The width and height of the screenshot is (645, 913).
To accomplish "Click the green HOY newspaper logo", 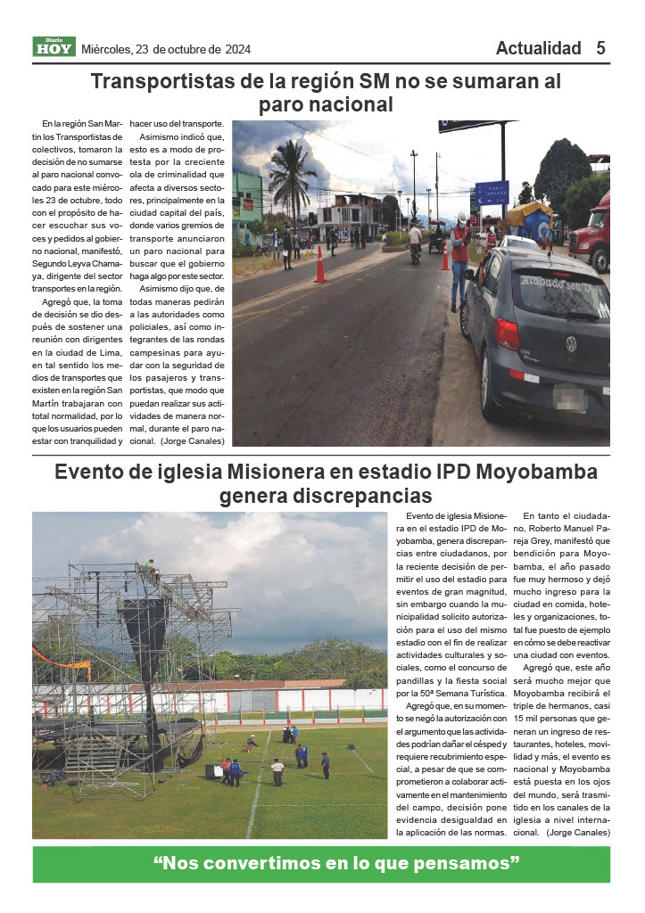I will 54,47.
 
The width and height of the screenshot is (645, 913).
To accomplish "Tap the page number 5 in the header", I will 601,48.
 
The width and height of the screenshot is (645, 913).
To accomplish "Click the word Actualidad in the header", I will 538,48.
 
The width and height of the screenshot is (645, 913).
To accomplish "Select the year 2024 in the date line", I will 237,49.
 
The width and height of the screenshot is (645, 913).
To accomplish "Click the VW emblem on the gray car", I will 571,343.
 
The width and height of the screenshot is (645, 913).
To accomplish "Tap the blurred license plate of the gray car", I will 567,394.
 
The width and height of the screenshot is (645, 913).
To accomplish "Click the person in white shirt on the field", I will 277,770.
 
